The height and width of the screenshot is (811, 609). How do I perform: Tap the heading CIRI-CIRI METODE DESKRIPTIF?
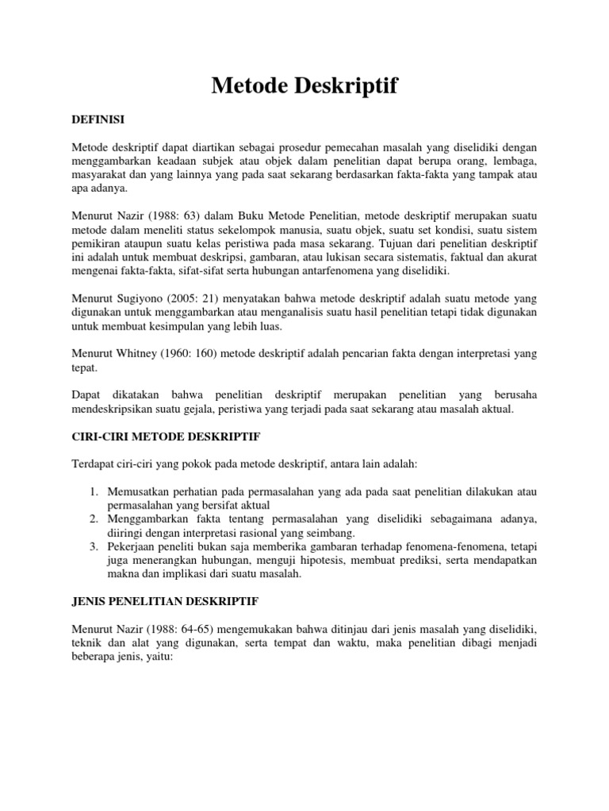(166, 436)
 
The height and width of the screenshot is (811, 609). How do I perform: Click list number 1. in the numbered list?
(93, 491)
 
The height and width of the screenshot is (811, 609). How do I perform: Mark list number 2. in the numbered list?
(93, 518)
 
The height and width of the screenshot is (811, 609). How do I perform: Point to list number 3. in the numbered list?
(93, 546)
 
